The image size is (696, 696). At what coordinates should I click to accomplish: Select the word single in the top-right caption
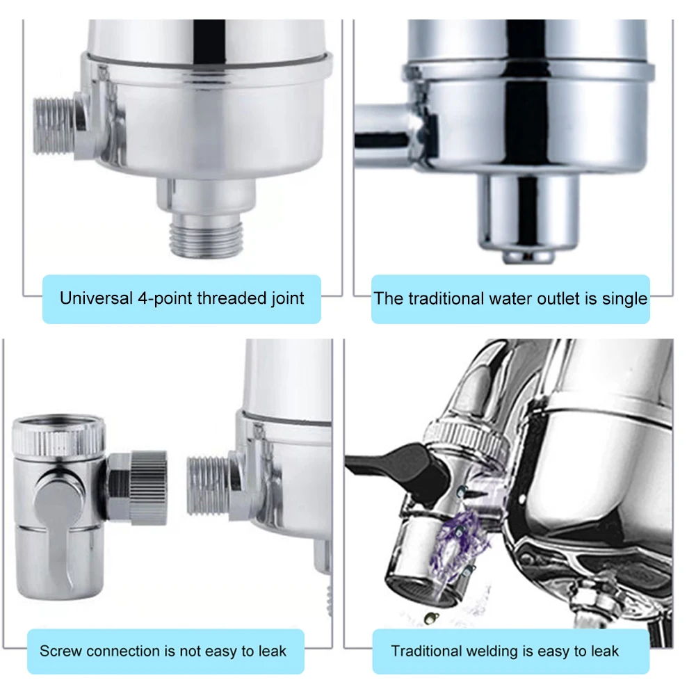click(623, 299)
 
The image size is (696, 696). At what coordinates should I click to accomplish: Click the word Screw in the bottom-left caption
click(60, 652)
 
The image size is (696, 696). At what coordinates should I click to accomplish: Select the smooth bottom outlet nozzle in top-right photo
click(528, 216)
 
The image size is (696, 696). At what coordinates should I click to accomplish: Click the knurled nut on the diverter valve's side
click(147, 487)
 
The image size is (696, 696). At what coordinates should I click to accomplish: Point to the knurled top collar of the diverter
click(60, 435)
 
